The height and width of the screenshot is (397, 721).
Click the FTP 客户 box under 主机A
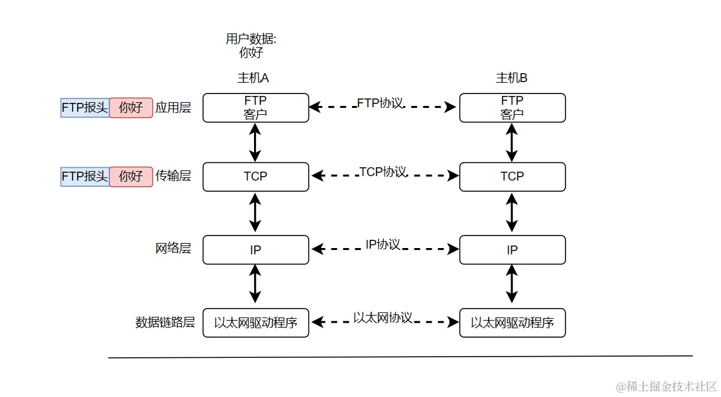coord(255,108)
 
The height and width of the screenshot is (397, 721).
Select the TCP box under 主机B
coord(512,177)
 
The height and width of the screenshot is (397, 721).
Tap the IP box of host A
coord(255,250)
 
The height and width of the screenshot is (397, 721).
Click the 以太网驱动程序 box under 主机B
coord(512,323)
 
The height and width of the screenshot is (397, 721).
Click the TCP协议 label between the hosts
coord(382,172)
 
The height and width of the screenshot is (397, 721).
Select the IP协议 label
coord(383,244)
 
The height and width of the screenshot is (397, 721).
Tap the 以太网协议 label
coord(383,317)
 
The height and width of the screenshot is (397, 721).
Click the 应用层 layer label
coord(173,108)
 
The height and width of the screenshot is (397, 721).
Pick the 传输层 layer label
coord(173,176)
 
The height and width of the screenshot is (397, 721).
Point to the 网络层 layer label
coord(173,249)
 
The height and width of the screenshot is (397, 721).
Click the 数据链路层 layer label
coord(165,323)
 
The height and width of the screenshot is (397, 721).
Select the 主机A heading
coord(253,78)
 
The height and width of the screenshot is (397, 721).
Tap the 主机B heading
coord(512,78)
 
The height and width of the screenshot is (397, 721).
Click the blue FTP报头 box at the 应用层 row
coord(85,108)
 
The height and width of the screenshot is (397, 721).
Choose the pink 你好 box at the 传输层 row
coord(131,176)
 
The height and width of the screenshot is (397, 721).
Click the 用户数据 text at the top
coord(251,39)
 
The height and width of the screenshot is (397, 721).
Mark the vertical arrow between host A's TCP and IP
coord(255,213)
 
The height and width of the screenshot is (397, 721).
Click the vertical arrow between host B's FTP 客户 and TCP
coord(512,143)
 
